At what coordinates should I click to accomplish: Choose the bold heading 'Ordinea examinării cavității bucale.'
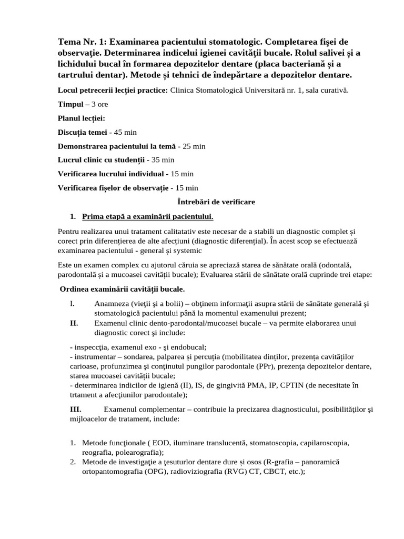click(122, 290)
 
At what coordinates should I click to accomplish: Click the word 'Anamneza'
click(112, 304)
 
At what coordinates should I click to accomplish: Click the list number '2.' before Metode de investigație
click(74, 462)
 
